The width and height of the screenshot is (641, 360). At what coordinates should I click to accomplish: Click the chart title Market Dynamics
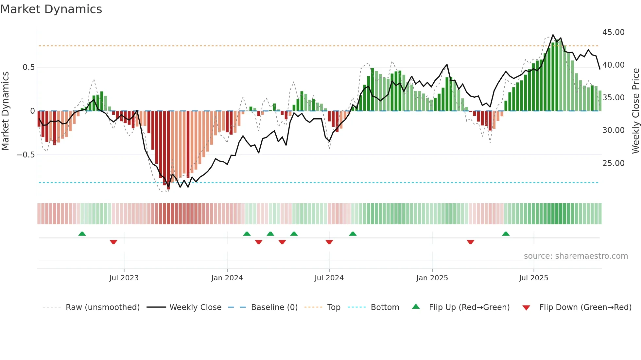point(51,9)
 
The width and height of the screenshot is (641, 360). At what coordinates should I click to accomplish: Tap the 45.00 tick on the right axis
point(613,32)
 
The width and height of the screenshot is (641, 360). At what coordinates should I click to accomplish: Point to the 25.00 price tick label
point(613,163)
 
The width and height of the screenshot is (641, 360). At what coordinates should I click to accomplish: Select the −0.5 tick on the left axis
point(26,155)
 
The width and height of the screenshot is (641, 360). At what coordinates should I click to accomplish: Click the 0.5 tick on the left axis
point(28,67)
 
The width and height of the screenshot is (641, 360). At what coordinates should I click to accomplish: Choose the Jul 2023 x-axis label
point(124,278)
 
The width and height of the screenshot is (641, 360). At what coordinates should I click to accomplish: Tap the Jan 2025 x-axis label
point(432,278)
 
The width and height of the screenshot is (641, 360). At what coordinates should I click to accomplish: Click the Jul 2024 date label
point(329,278)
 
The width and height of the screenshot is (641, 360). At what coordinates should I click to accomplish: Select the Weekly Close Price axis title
point(635,111)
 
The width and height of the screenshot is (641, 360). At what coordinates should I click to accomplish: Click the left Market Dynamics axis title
point(6,111)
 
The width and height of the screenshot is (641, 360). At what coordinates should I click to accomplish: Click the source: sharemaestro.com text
point(576,256)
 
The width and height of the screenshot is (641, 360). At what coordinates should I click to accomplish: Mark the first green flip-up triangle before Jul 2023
point(82,234)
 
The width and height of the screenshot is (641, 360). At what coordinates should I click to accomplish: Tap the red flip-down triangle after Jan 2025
point(470,242)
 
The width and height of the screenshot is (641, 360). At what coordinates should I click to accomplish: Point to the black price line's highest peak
point(553,35)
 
